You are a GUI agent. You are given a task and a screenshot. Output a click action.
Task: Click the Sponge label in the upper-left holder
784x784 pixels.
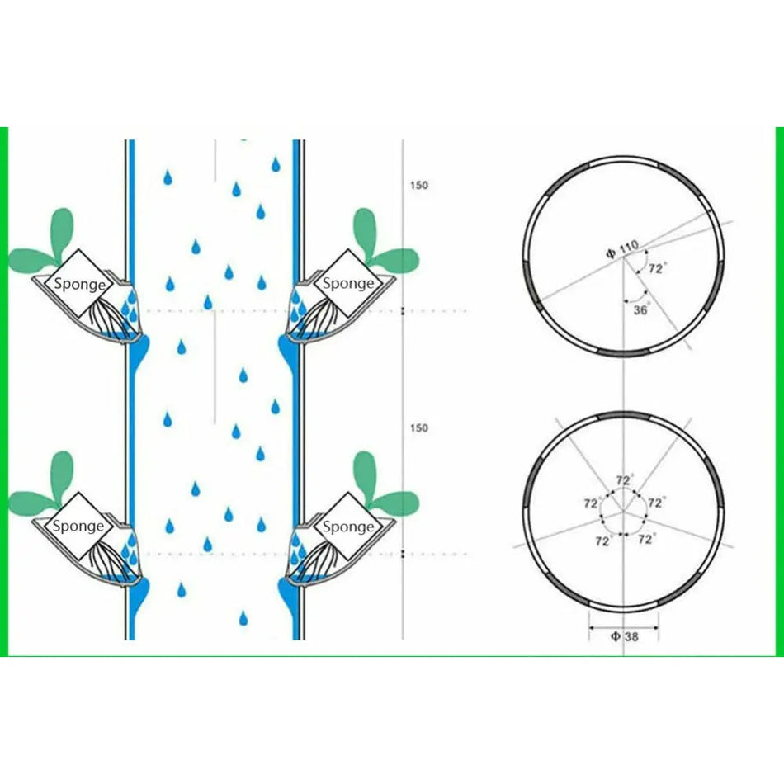click(x=79, y=284)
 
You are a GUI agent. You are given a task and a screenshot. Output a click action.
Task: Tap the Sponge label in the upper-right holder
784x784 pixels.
click(x=348, y=284)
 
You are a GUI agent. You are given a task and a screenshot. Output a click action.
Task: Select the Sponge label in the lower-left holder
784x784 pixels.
click(x=78, y=526)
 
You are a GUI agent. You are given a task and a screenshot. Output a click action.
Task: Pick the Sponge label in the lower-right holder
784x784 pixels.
click(x=348, y=527)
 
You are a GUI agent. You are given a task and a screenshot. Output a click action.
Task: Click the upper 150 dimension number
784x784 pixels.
click(x=419, y=185)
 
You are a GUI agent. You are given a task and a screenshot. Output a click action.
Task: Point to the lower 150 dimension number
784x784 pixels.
click(x=419, y=428)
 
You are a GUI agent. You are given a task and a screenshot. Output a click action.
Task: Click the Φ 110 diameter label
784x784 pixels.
click(x=622, y=248)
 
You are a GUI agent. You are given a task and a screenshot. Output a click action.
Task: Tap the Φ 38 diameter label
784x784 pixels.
click(x=625, y=636)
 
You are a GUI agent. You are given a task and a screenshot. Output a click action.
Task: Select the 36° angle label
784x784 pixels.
click(x=641, y=310)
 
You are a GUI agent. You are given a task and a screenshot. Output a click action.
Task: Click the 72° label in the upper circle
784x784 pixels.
click(x=658, y=268)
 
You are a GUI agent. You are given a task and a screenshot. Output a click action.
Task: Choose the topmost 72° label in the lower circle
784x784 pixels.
click(x=625, y=480)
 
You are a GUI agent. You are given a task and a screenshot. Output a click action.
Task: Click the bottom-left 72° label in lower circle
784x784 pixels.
click(x=603, y=541)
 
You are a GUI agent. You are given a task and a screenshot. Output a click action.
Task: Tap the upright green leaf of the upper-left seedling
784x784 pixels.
click(x=63, y=233)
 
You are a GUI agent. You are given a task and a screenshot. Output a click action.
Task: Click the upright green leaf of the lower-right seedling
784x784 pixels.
click(x=365, y=476)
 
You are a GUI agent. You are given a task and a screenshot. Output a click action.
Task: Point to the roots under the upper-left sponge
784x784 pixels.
click(x=106, y=314)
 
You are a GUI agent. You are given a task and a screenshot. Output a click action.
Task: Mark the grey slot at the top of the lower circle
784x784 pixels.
click(x=624, y=416)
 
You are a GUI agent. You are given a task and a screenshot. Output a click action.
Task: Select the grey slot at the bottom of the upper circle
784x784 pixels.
click(x=624, y=352)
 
